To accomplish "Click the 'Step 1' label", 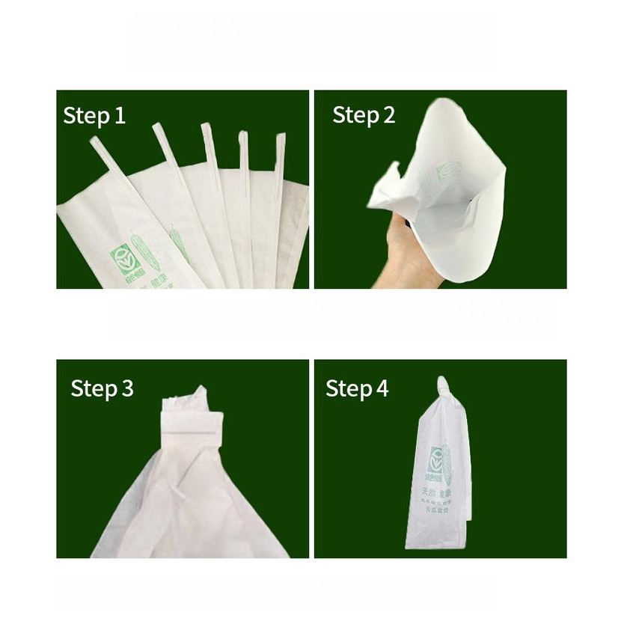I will pyautogui.click(x=94, y=116).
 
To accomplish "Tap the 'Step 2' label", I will pyautogui.click(x=364, y=115).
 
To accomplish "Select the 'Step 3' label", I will pyautogui.click(x=102, y=389).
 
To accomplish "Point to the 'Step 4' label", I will pyautogui.click(x=357, y=389).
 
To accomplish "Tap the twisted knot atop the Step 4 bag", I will pyautogui.click(x=441, y=388).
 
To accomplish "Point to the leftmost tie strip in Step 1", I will pyautogui.click(x=105, y=157).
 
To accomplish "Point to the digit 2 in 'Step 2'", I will pyautogui.click(x=388, y=115).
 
